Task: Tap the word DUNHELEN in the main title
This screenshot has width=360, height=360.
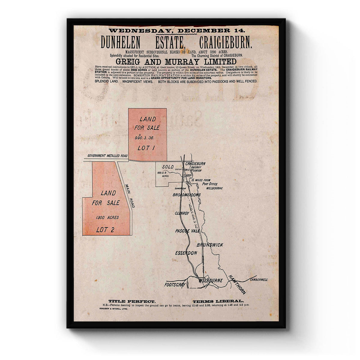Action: tap(120, 43)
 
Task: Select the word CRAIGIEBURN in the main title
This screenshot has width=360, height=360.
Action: tap(225, 43)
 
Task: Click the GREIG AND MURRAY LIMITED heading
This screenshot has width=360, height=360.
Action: tap(176, 61)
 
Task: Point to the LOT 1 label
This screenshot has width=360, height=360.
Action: tap(146, 148)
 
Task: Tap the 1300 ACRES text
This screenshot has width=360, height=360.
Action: tap(107, 217)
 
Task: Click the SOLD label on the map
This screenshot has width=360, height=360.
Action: tap(168, 167)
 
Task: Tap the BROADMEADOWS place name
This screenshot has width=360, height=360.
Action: tap(187, 195)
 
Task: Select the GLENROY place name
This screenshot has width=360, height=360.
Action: tap(182, 213)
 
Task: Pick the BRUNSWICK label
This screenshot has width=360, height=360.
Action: tap(210, 245)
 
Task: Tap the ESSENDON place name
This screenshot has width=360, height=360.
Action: tap(186, 253)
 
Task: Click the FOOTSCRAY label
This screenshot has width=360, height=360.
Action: tap(175, 285)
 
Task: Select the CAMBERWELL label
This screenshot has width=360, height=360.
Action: tap(259, 280)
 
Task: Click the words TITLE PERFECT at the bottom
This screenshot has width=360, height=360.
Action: tap(132, 301)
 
